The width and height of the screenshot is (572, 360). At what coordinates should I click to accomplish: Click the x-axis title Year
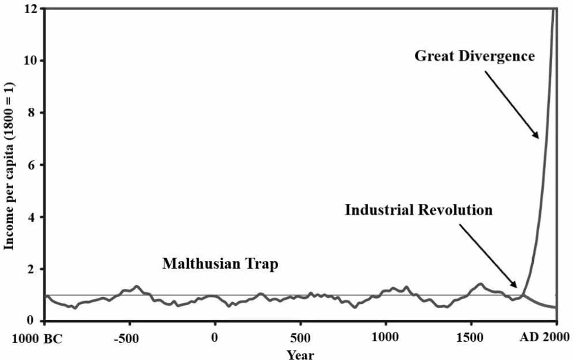point(300,354)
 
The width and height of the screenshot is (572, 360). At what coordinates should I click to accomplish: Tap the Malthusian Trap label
point(220,264)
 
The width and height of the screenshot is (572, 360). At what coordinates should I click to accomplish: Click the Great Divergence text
point(474,55)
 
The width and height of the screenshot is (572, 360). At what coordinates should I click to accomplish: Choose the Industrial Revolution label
point(418,210)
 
